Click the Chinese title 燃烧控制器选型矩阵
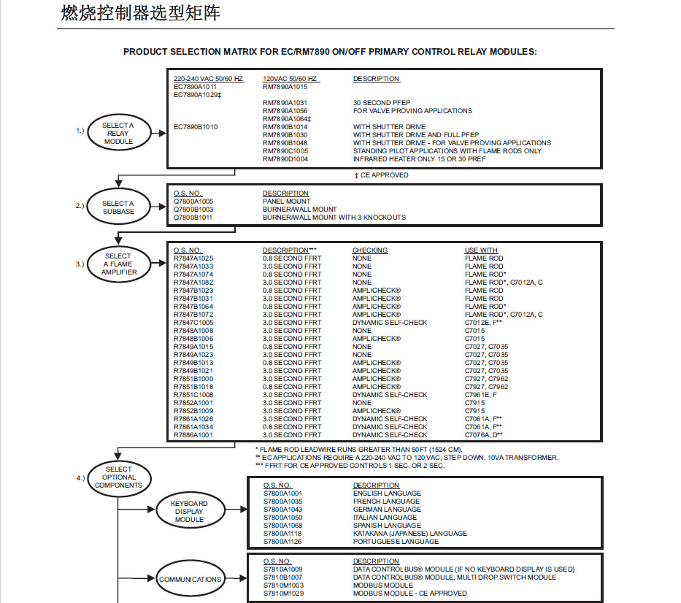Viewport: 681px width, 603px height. pyautogui.click(x=139, y=14)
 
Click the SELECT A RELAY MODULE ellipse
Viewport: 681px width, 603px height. pyautogui.click(x=118, y=133)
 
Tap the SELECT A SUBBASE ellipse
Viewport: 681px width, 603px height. pyautogui.click(x=118, y=207)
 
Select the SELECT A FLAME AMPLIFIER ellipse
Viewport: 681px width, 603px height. pyautogui.click(x=118, y=264)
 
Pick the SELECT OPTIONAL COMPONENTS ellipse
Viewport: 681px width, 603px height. pyautogui.click(x=118, y=477)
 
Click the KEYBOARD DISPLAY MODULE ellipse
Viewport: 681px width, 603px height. pyautogui.click(x=189, y=511)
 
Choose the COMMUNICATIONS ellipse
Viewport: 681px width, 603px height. pyautogui.click(x=190, y=580)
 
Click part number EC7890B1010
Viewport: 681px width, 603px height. pyautogui.click(x=196, y=127)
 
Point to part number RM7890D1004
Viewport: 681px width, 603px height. pyautogui.click(x=285, y=159)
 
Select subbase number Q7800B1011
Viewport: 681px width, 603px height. pyautogui.click(x=193, y=218)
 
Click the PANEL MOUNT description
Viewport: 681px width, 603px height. pyautogui.click(x=286, y=201)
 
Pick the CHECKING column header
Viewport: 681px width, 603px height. pyautogui.click(x=370, y=250)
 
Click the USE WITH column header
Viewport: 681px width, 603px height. pyautogui.click(x=481, y=250)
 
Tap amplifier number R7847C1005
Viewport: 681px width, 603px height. pyautogui.click(x=193, y=323)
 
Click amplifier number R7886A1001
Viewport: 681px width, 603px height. pyautogui.click(x=193, y=435)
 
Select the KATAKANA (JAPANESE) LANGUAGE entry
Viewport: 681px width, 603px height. pyautogui.click(x=405, y=534)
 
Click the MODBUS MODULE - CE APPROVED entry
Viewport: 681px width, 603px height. pyautogui.click(x=409, y=594)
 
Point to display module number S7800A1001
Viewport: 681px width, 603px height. pyautogui.click(x=283, y=493)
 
